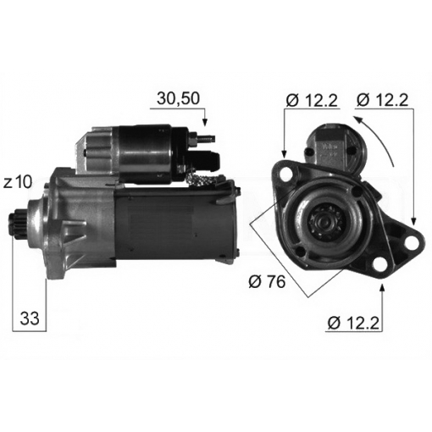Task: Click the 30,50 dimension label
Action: coord(178,98)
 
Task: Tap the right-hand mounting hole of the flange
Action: coord(413,243)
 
